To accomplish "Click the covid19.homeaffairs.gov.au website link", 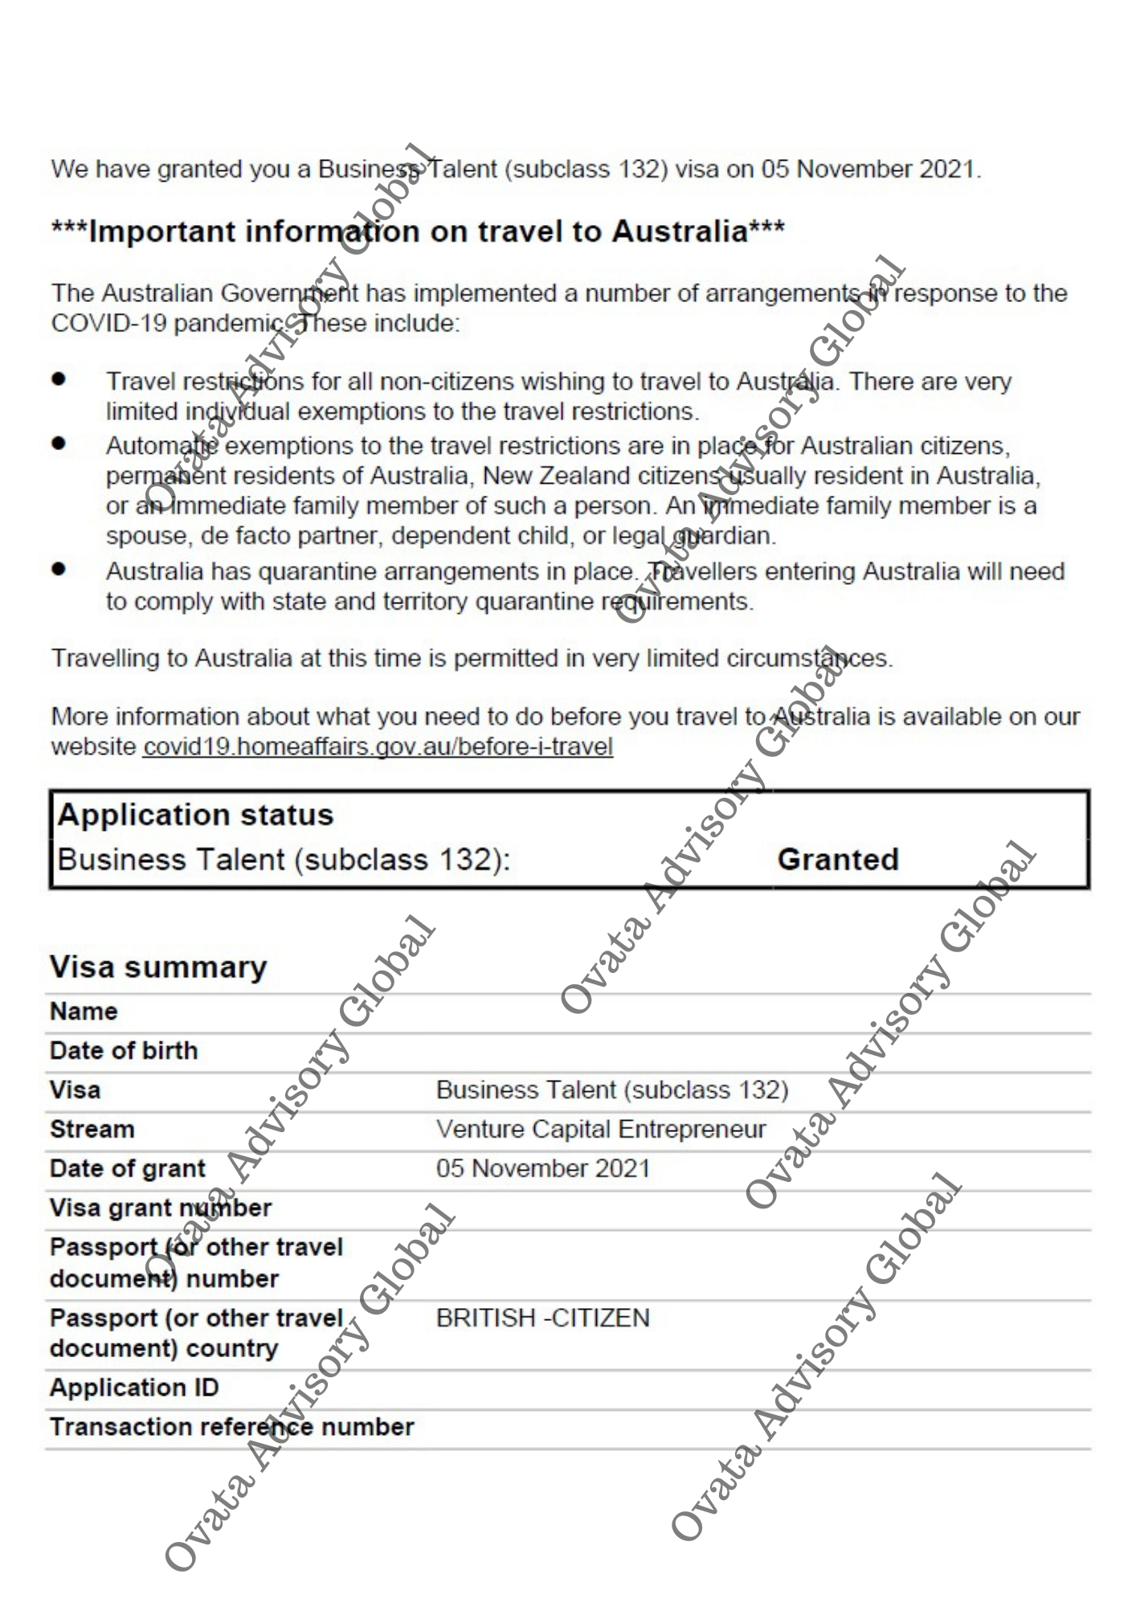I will pos(378,746).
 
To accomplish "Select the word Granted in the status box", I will pos(837,859).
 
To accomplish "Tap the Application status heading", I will pos(195,815).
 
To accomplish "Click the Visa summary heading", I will pos(158,967).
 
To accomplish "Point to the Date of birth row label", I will pos(124,1050).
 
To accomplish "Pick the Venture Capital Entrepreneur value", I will pos(601,1129).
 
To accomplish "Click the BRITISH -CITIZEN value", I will pos(542,1318).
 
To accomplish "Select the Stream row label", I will pos(92,1129).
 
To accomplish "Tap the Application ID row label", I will pos(134,1388).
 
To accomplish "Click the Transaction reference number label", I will pos(231,1427).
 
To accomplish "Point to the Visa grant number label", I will pos(161,1208).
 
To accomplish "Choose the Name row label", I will pos(84,1011).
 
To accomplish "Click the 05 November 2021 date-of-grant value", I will pos(542,1168).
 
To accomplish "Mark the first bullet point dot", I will pos(59,378).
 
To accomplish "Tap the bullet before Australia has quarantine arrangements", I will pos(59,569).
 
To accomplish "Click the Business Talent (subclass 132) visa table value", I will pos(612,1090).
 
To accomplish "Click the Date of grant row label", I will pos(128,1168).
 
